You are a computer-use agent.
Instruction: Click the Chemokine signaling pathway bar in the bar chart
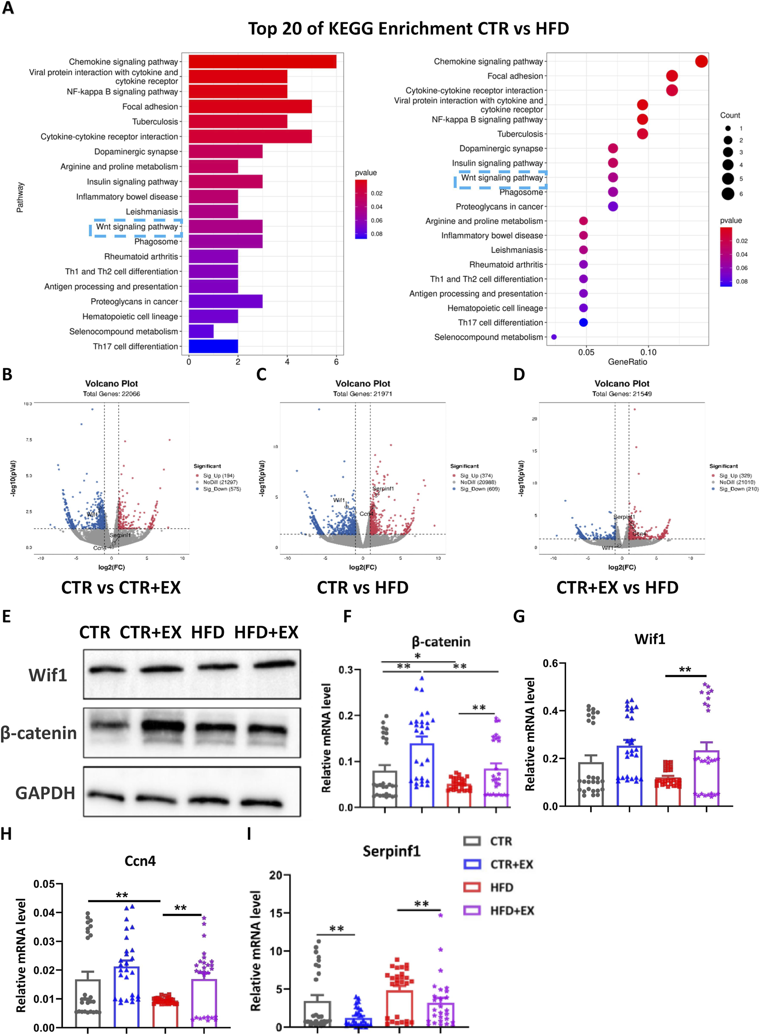click(x=262, y=62)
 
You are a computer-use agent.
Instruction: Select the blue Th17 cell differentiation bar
click(x=213, y=347)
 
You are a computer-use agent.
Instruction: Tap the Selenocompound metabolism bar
click(x=201, y=331)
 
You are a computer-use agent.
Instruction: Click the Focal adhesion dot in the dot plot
click(x=672, y=76)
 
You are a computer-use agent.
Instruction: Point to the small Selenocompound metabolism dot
click(x=554, y=337)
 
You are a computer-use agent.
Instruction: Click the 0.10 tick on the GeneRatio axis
click(x=648, y=352)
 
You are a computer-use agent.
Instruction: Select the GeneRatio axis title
click(x=627, y=362)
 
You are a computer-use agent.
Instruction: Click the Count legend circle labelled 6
click(x=728, y=193)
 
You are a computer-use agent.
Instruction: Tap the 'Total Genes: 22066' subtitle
click(x=112, y=394)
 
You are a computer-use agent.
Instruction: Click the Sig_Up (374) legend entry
click(x=476, y=476)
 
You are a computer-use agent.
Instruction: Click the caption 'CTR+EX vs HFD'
click(x=617, y=588)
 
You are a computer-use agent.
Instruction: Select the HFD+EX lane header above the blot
click(x=266, y=633)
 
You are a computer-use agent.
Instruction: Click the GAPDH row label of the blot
click(x=45, y=793)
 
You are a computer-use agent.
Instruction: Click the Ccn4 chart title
click(x=140, y=861)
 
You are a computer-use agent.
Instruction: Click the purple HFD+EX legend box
click(x=473, y=910)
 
